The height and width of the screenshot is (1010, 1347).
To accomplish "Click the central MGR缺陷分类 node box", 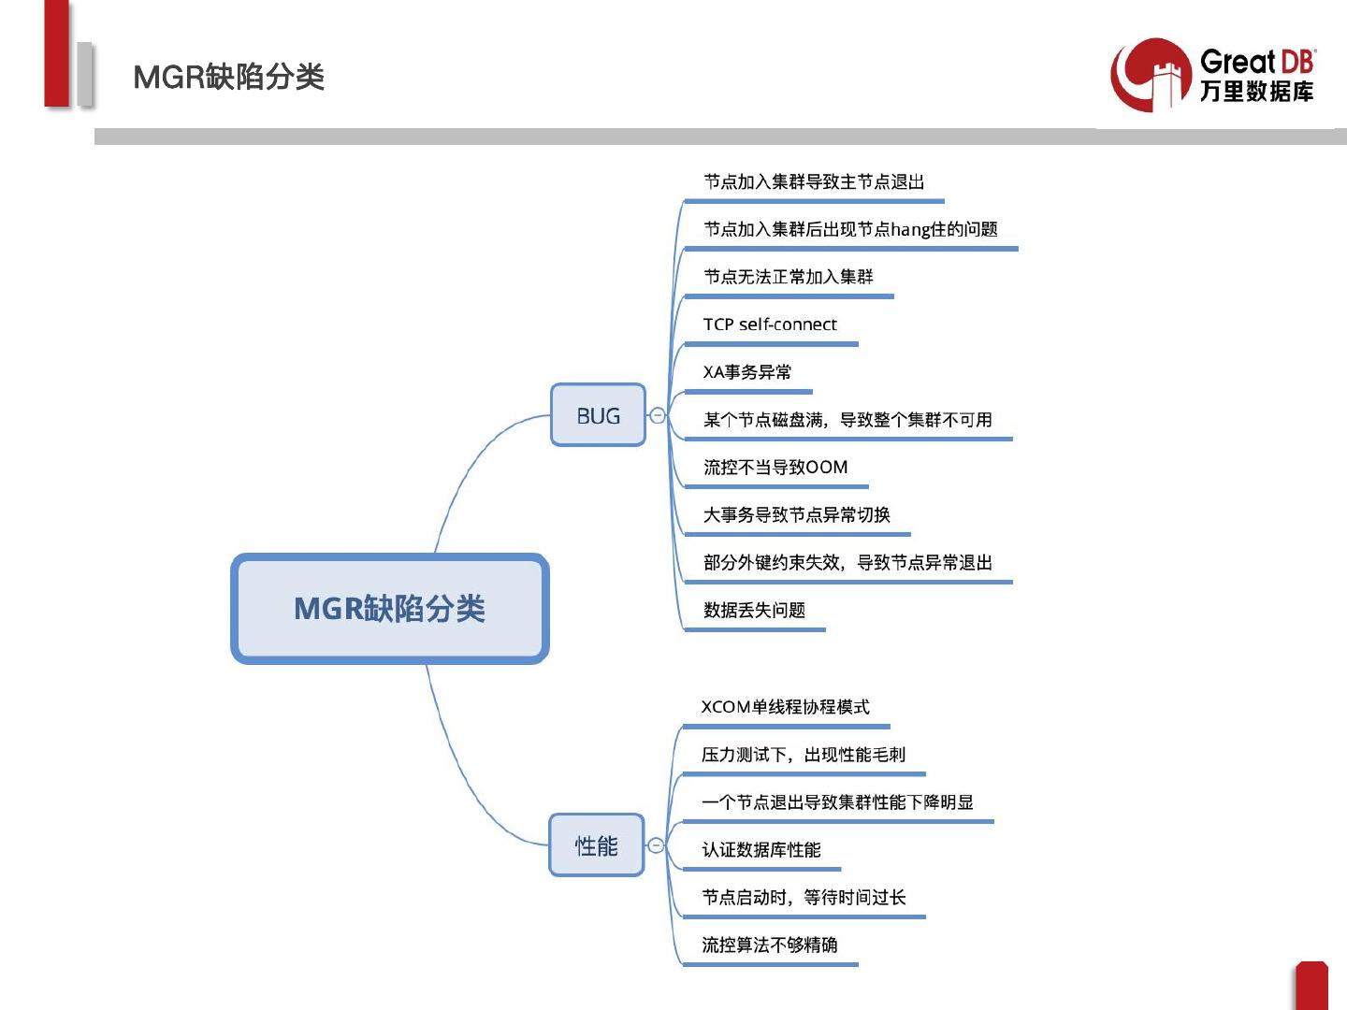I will pyautogui.click(x=389, y=609).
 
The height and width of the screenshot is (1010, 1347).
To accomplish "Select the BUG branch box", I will pyautogui.click(x=598, y=415).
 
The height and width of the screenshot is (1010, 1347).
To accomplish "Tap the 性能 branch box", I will pyautogui.click(x=596, y=845).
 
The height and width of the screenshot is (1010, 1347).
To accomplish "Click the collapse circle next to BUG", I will pyautogui.click(x=658, y=415).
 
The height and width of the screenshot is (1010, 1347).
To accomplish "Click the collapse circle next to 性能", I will pyautogui.click(x=656, y=845).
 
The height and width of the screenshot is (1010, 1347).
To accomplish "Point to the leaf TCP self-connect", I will pyautogui.click(x=770, y=325).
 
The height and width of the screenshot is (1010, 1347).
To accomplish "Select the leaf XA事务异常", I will pyautogui.click(x=747, y=372).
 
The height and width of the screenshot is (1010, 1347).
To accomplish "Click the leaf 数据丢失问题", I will pyautogui.click(x=754, y=611).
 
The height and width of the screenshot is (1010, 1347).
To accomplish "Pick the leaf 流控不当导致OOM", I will pyautogui.click(x=775, y=468).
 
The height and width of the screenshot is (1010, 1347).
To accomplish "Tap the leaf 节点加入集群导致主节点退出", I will pyautogui.click(x=814, y=182).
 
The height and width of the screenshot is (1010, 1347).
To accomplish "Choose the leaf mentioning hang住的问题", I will pyautogui.click(x=850, y=230).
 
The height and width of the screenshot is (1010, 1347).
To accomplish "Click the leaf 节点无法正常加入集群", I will pyautogui.click(x=789, y=277).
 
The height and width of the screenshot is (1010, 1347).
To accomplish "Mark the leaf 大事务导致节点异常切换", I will pyautogui.click(x=797, y=515).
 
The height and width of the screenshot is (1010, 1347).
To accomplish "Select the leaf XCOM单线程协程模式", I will pyautogui.click(x=786, y=707).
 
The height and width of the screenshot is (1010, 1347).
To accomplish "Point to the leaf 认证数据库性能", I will pyautogui.click(x=761, y=850).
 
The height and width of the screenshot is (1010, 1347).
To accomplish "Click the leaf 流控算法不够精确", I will pyautogui.click(x=770, y=945).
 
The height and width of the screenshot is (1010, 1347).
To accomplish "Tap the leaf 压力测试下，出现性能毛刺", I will pyautogui.click(x=804, y=755).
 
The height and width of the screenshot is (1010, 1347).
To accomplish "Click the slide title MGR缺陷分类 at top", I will pyautogui.click(x=229, y=77).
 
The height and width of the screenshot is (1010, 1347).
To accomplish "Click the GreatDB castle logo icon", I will pyautogui.click(x=1151, y=76).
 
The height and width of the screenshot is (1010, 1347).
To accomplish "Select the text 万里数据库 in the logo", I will pyautogui.click(x=1256, y=92).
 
